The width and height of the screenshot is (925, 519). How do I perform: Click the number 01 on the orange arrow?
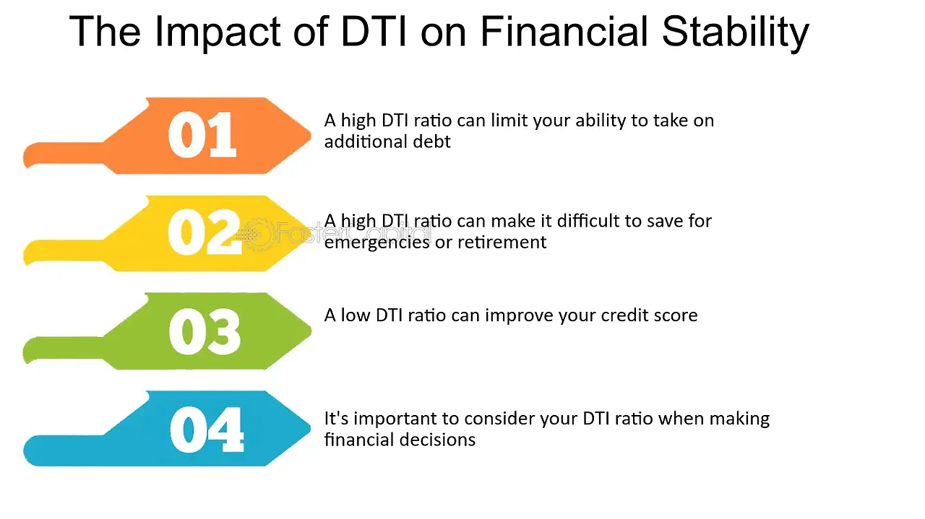(x=202, y=135)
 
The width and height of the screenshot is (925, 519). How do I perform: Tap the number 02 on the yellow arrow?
(x=205, y=232)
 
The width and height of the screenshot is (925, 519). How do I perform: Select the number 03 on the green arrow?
(x=205, y=331)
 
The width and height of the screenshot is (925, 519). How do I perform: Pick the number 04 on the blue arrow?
(x=207, y=429)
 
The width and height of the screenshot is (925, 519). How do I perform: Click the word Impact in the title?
(x=218, y=32)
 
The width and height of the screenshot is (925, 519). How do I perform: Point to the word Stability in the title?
(x=735, y=32)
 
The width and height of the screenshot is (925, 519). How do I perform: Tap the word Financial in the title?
(x=564, y=31)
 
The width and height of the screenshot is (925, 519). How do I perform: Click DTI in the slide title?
(x=374, y=31)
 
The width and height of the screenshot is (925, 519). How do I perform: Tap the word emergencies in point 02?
(x=377, y=243)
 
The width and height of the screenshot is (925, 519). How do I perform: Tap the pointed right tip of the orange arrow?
(x=310, y=135)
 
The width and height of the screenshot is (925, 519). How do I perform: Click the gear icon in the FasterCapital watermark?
(x=257, y=235)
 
